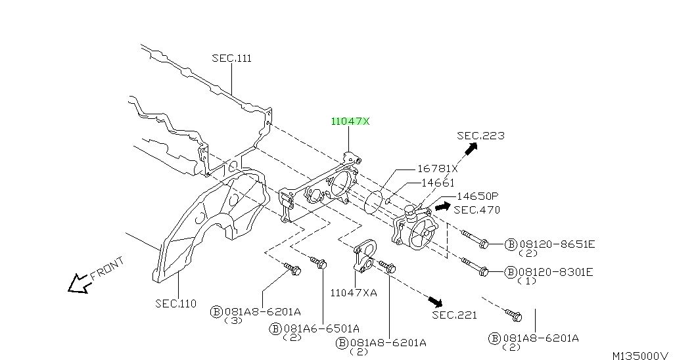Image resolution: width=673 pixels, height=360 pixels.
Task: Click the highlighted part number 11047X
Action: [x=350, y=122]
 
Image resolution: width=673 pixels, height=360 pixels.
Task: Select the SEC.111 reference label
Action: [x=232, y=58]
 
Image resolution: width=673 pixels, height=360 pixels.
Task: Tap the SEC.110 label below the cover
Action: [x=176, y=304]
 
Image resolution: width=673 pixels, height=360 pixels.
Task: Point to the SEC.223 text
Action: [x=480, y=135]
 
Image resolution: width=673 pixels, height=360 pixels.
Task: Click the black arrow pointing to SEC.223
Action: [x=471, y=148]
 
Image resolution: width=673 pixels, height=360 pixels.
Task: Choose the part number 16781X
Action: [x=438, y=169]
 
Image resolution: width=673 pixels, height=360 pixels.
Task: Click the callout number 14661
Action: [x=438, y=183]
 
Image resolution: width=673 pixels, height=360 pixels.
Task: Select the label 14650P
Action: [x=477, y=196]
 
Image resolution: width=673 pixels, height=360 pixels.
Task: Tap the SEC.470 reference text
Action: [x=477, y=210]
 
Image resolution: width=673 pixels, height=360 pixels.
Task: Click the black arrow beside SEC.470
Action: [x=442, y=207]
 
